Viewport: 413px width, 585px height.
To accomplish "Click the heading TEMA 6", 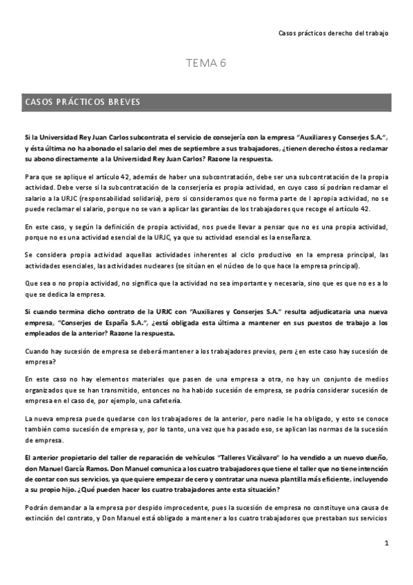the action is click(206, 63).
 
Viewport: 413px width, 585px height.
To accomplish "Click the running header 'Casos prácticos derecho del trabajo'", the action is click(333, 32).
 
